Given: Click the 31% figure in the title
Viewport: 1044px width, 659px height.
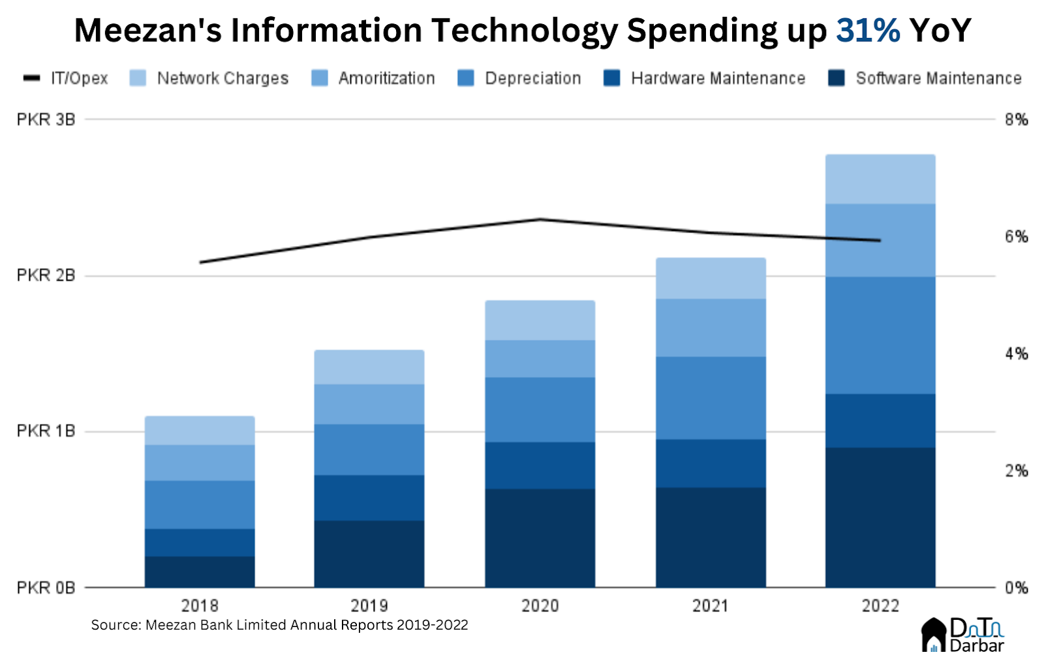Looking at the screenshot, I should (868, 31).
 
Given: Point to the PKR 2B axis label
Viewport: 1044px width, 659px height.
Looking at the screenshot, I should (46, 275).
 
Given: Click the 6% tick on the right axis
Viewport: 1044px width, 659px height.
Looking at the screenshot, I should (1016, 237).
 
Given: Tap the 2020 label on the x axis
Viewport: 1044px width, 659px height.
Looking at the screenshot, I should (540, 606).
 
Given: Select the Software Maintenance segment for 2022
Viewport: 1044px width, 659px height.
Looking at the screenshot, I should (880, 517).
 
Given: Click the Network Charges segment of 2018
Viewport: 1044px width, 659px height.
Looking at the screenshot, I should (200, 431).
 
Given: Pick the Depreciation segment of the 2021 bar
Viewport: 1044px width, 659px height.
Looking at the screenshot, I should (711, 398).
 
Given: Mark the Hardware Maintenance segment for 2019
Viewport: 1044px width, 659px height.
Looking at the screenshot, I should (369, 498).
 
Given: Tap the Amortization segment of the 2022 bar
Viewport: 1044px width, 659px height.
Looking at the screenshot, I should (880, 240).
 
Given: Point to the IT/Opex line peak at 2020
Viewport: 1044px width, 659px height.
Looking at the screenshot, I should (540, 219).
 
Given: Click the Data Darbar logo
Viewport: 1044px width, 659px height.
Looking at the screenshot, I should (963, 635).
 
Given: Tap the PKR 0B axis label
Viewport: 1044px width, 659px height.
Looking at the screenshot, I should (46, 588).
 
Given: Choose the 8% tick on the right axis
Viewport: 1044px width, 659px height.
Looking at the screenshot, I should (1016, 119).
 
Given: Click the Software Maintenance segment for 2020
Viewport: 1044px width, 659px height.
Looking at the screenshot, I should (540, 538).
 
